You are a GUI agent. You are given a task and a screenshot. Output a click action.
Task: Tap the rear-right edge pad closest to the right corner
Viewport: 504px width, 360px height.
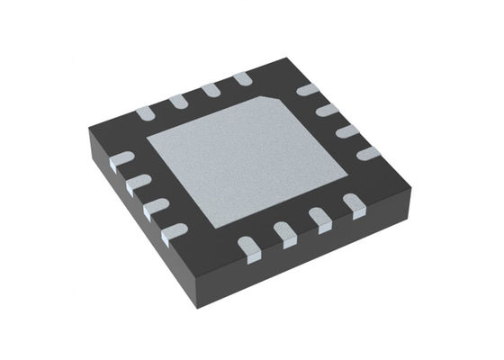click(368, 152)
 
